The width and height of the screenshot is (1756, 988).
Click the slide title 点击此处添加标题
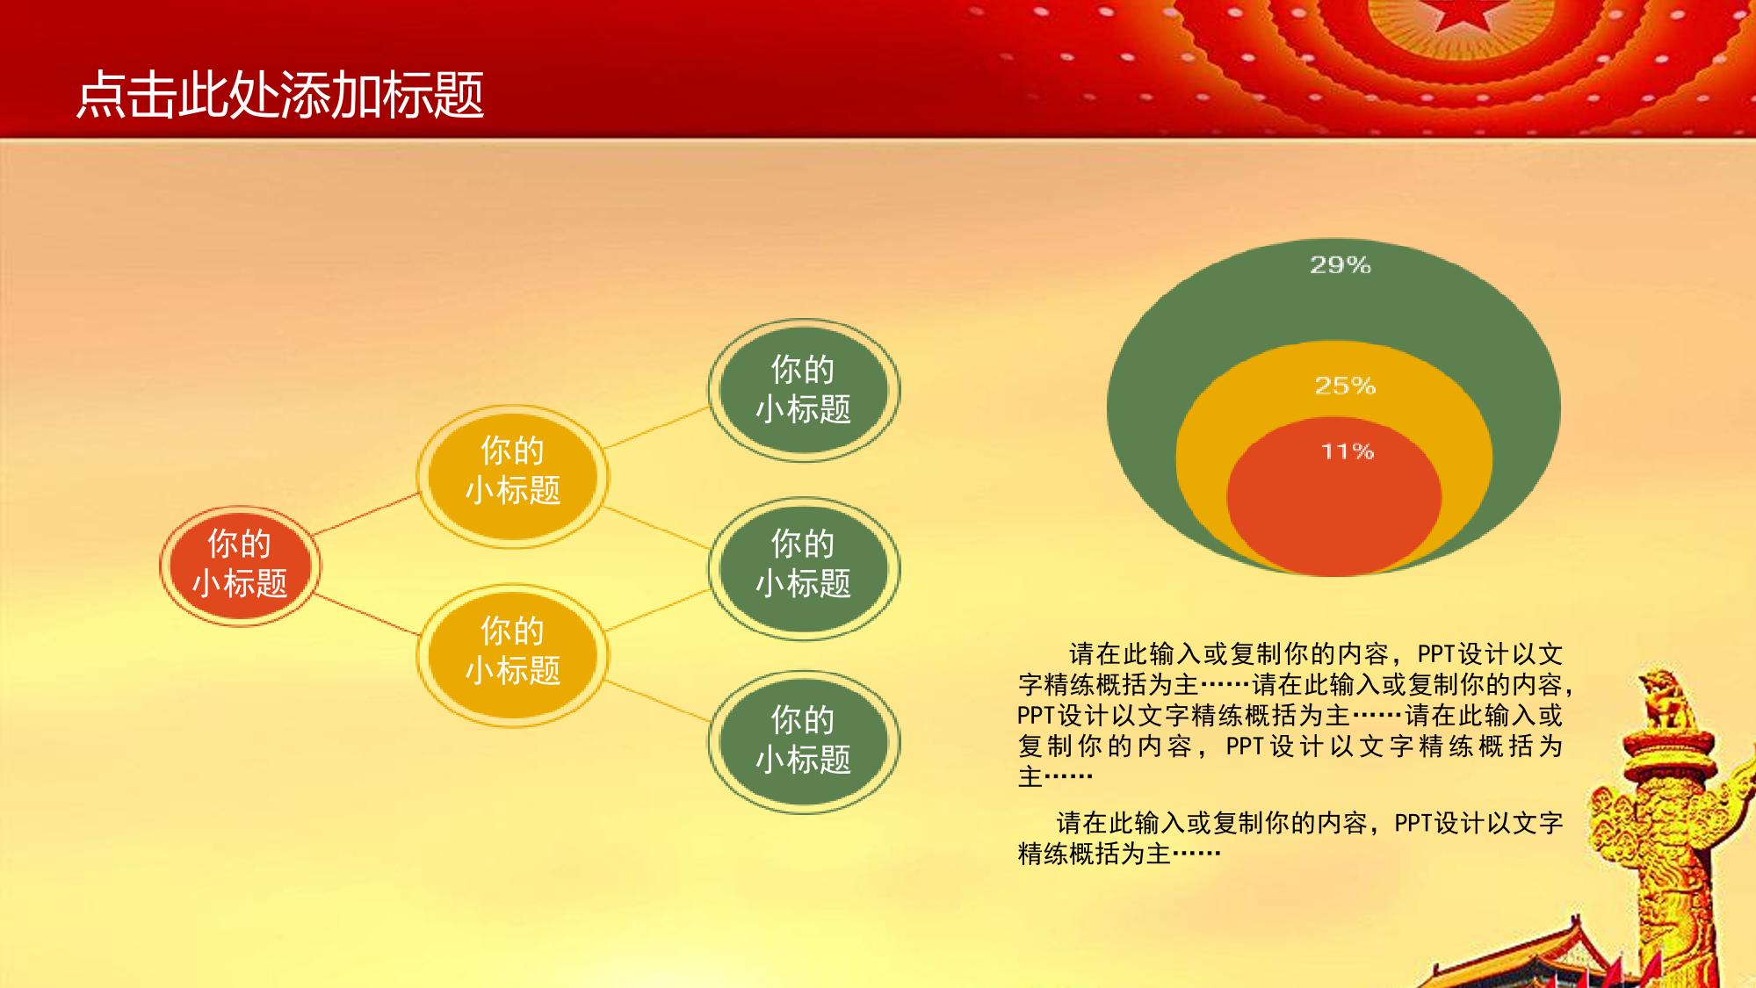280,95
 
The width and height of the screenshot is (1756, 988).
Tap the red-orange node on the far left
240,566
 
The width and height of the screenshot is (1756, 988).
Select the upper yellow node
512,476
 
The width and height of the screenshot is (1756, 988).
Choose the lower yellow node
512,656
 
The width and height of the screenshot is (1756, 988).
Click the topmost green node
804,390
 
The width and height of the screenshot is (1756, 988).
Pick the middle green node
804,568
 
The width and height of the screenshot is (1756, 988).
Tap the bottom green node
804,742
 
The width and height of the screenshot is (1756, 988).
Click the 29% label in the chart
1340,264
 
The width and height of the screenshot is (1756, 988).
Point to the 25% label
1345,386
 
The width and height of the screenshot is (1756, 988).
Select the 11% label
1348,451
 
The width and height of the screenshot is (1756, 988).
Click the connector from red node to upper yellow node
366,514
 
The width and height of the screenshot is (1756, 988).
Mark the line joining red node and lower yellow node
366,614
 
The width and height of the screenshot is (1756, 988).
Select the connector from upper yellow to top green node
657,427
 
